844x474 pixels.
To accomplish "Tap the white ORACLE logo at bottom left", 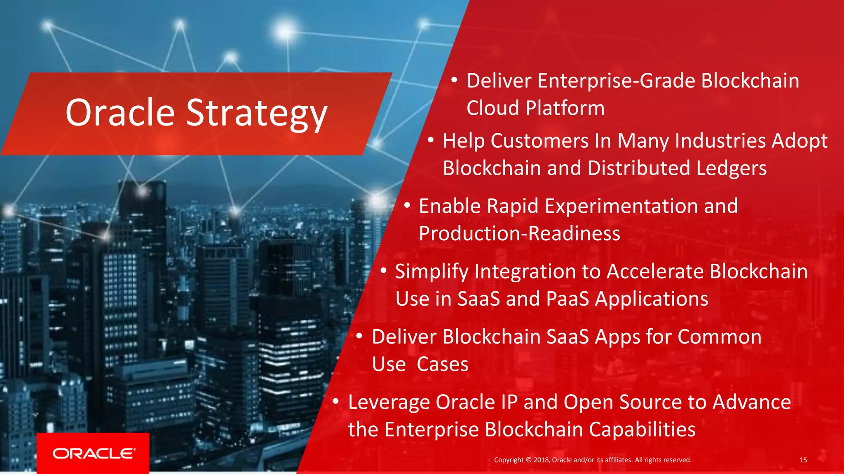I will [x=94, y=453].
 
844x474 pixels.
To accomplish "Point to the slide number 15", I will [x=803, y=460].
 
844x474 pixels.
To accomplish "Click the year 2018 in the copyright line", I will [x=542, y=460].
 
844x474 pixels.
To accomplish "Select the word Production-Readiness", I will [x=519, y=234].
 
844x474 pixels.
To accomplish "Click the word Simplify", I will [x=431, y=272].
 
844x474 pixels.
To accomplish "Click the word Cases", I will [x=443, y=365].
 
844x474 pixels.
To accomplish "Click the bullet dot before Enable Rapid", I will [x=407, y=205].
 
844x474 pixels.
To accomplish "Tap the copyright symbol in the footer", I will [x=529, y=460].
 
